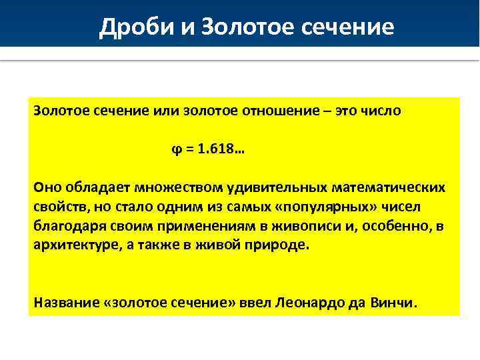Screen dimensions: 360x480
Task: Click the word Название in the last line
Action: [x=63, y=303]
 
